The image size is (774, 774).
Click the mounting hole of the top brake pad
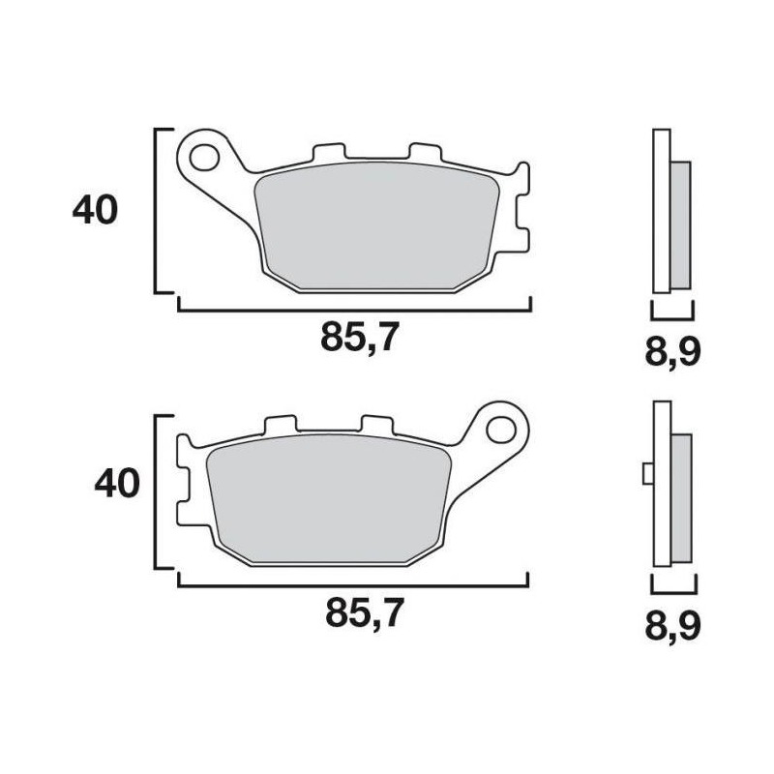204,154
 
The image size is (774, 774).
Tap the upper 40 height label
95,211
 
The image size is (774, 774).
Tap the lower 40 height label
117,483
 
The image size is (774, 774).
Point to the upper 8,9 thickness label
672,351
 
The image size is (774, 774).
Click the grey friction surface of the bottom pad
329,498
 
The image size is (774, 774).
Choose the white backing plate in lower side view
662,484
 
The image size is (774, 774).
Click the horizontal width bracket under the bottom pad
353,585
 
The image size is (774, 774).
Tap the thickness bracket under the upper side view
671,314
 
